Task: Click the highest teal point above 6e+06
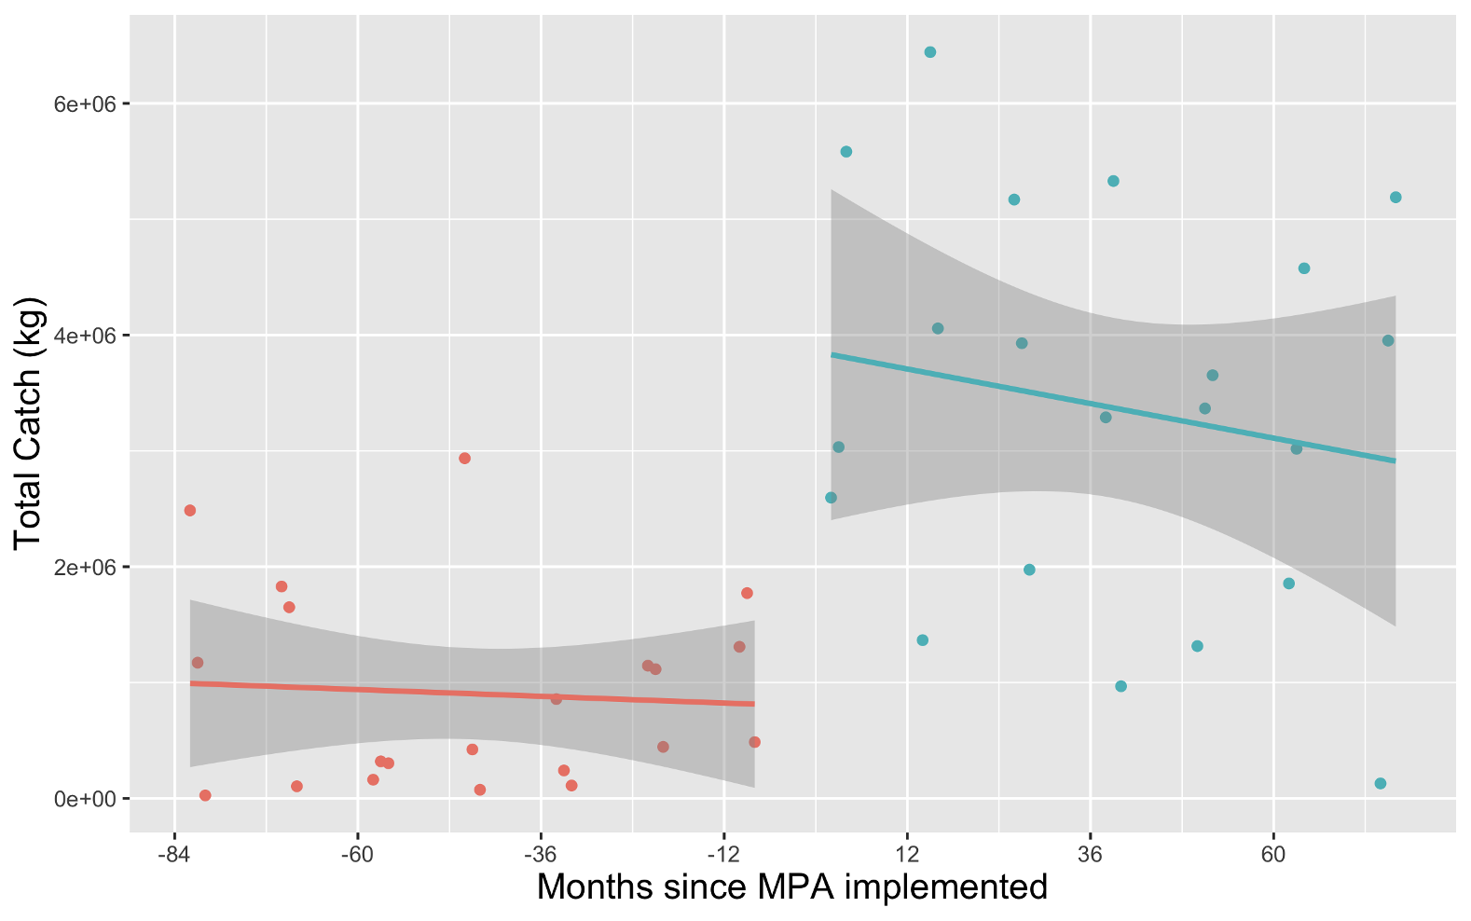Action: click(x=929, y=52)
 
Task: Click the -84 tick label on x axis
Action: click(x=173, y=856)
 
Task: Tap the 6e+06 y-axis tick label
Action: click(x=85, y=103)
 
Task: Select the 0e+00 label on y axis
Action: click(x=85, y=799)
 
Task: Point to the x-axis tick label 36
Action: click(x=1090, y=856)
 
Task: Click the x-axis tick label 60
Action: click(x=1273, y=856)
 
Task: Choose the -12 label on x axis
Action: click(x=722, y=856)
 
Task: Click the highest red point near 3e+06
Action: click(x=464, y=459)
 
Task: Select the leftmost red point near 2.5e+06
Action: click(x=190, y=510)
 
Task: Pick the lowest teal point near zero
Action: click(x=1381, y=783)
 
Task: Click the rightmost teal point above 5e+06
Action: click(x=1395, y=198)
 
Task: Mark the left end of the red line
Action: click(x=191, y=683)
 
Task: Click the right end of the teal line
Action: click(x=1395, y=460)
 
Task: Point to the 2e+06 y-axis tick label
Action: click(x=85, y=567)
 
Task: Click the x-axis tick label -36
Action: click(x=540, y=856)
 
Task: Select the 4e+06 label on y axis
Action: click(x=85, y=336)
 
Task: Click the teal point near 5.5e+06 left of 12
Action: click(x=845, y=152)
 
